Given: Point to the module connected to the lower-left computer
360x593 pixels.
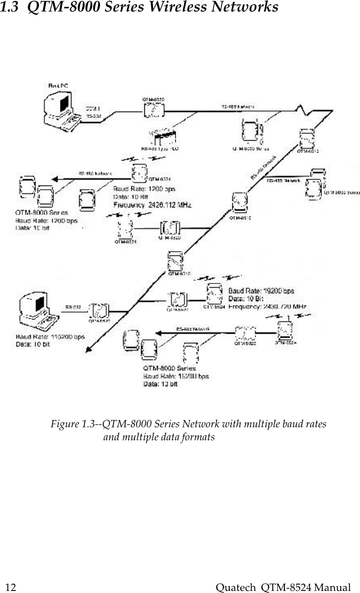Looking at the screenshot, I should [97, 311].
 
